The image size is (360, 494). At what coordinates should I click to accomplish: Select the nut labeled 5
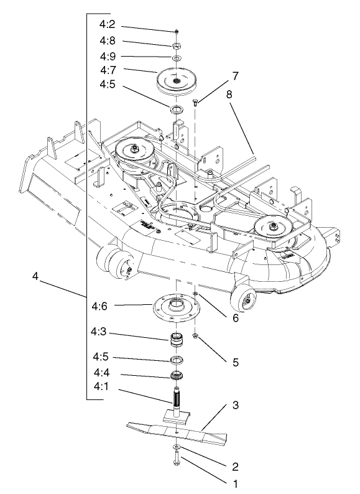pyautogui.click(x=195, y=337)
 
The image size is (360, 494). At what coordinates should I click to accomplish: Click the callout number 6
pyautogui.click(x=234, y=318)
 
